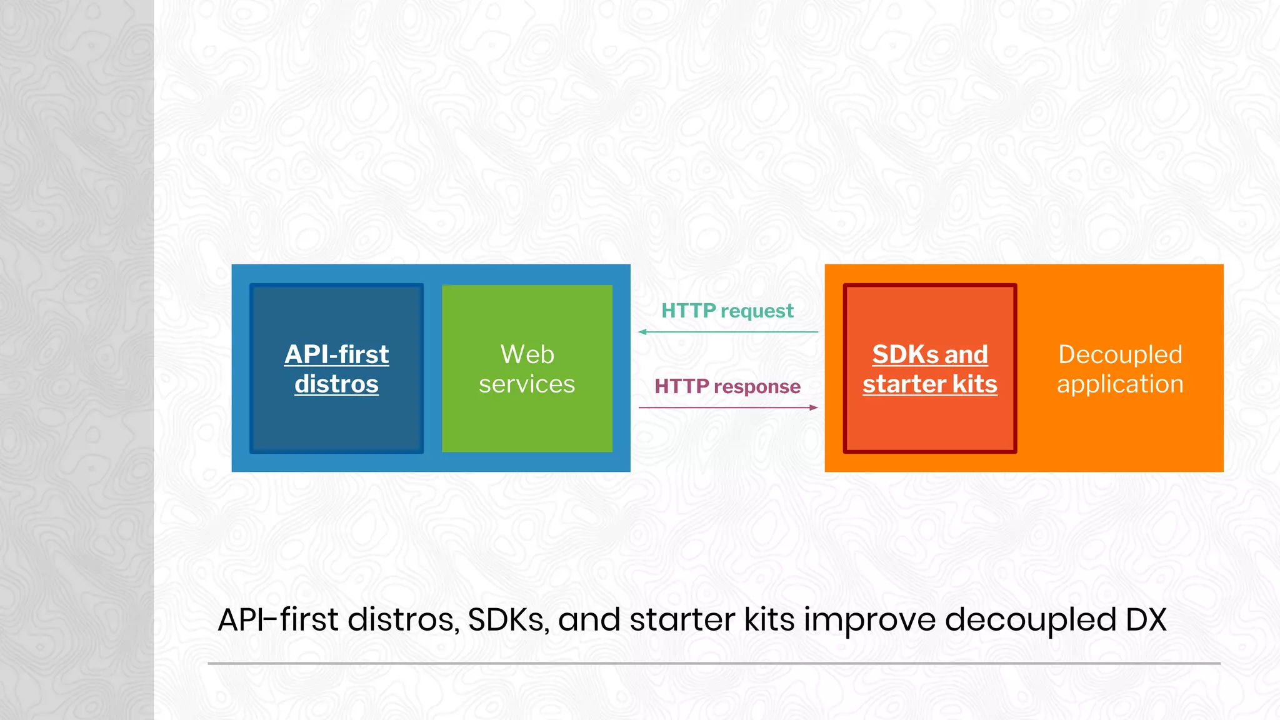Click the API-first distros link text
coord(336,369)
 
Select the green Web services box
coord(527,425)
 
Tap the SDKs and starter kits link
coord(929,369)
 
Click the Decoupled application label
coord(1119,369)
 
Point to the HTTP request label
coord(727,311)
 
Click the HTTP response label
coord(727,386)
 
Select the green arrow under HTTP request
coord(728,332)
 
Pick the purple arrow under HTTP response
coord(728,407)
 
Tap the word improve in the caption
coord(869,620)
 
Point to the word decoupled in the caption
coord(1029,620)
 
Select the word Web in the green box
coord(527,354)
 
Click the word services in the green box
coord(527,384)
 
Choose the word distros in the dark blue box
coord(336,384)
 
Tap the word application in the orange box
coord(1119,384)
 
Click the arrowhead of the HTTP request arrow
coord(642,332)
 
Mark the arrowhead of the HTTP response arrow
coord(814,407)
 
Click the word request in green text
coord(757,311)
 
